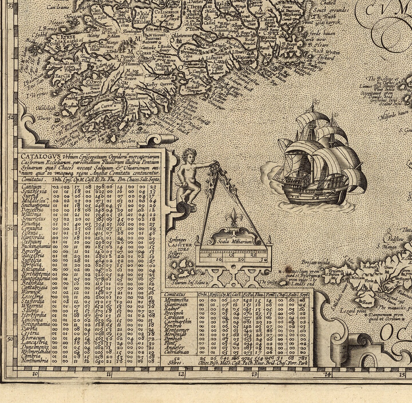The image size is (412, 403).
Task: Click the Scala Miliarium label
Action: point(234,242)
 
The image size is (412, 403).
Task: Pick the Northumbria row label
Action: point(35,361)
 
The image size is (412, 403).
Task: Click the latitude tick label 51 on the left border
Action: point(11,228)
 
